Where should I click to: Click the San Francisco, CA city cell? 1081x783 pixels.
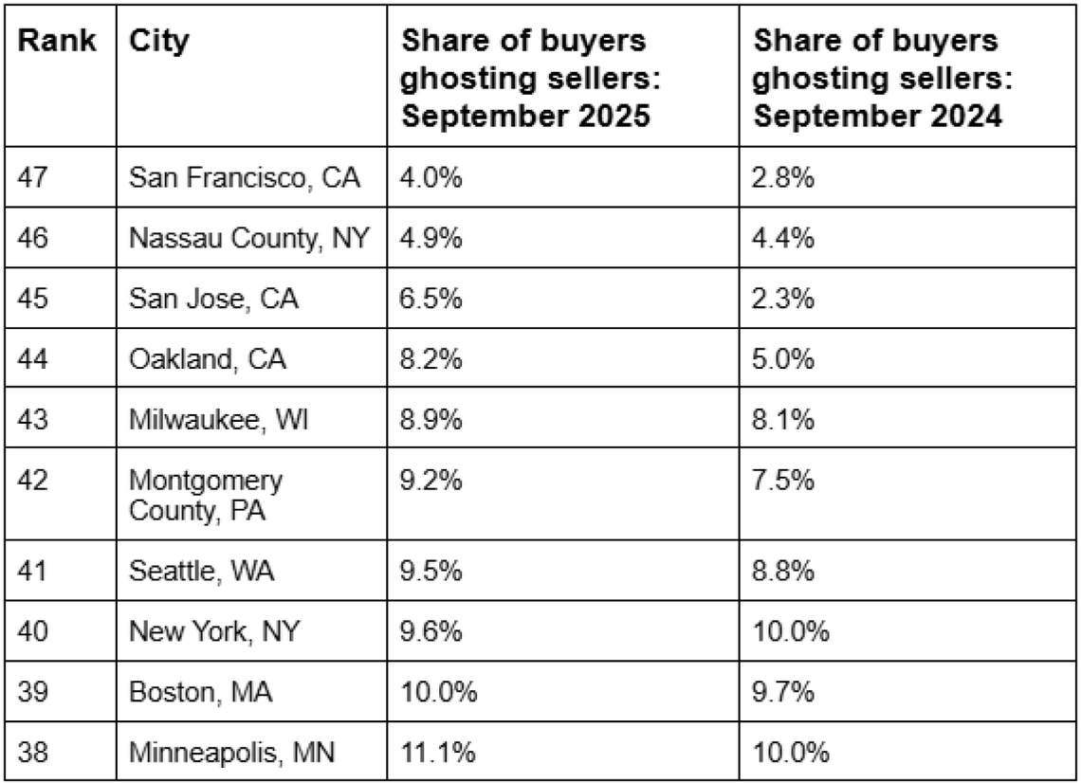[x=246, y=178]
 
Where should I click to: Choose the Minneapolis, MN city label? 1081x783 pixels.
[x=234, y=754]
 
